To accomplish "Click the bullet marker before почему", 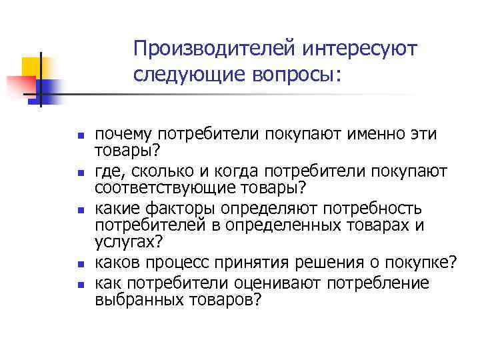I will point(81,135).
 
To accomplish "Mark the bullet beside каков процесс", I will point(81,264).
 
